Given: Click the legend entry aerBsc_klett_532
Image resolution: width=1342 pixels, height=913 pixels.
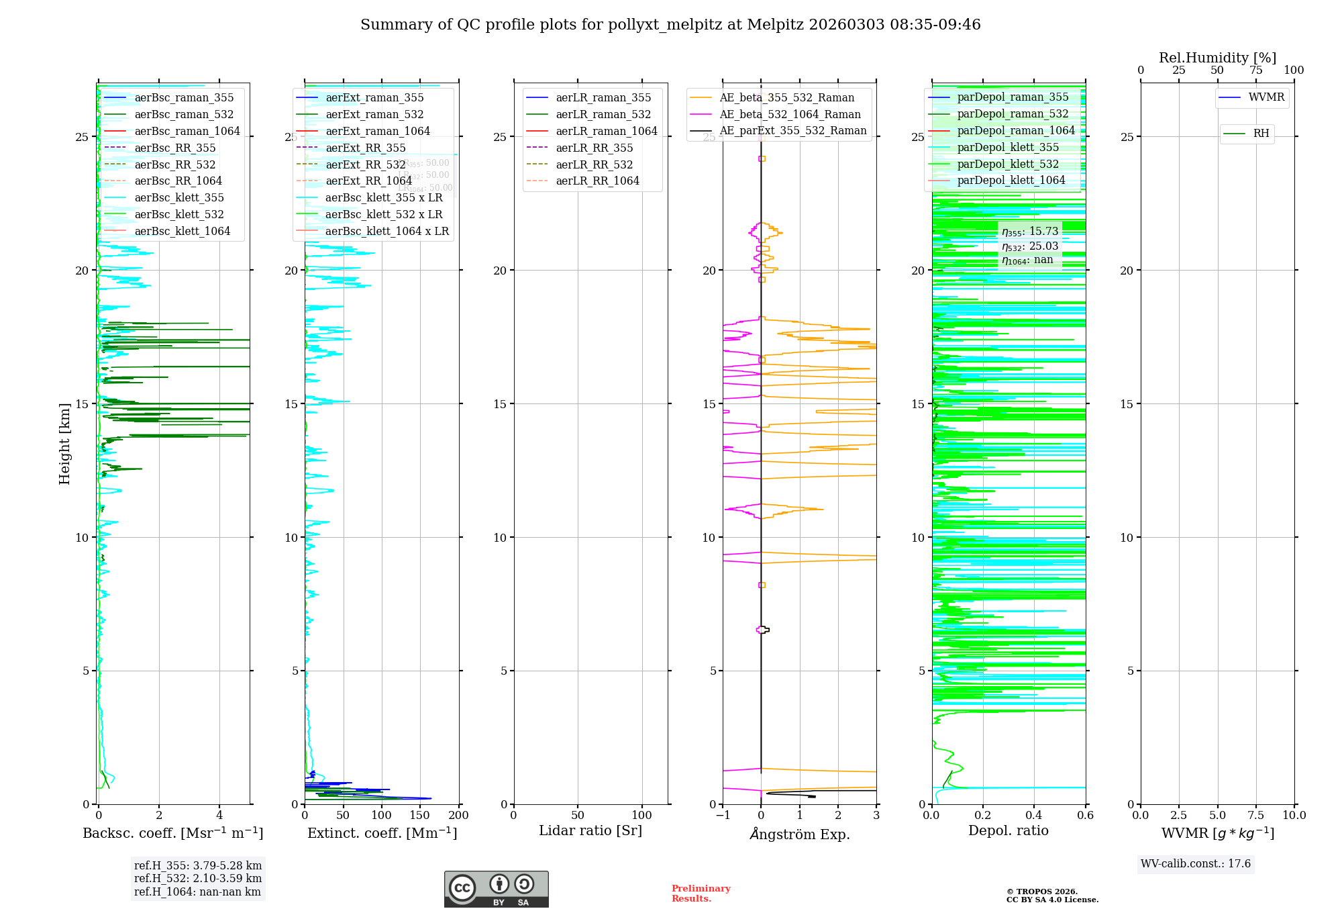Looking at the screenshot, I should click(x=178, y=214).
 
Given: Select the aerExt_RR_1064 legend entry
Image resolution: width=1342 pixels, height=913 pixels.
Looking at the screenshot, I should click(x=368, y=181).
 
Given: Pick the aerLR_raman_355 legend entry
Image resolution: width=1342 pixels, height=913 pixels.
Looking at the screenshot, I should click(x=603, y=97).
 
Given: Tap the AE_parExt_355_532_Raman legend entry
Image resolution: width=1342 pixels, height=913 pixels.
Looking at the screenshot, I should click(x=792, y=130).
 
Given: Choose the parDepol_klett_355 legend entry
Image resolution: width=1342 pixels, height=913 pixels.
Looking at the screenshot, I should click(x=1007, y=147).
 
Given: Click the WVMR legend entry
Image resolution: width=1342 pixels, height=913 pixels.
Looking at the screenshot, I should click(x=1266, y=97).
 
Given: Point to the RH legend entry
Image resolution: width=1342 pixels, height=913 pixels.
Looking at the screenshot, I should click(x=1260, y=134).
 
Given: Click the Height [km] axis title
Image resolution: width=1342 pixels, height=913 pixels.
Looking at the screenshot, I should click(x=64, y=444).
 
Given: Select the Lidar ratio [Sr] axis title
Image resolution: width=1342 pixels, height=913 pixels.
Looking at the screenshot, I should click(x=590, y=830).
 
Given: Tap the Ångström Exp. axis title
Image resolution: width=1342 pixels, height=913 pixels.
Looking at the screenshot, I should click(x=799, y=834).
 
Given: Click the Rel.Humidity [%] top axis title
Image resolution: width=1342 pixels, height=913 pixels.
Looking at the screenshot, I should click(x=1217, y=58).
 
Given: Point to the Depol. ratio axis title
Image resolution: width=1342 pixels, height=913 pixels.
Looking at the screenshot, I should click(x=1008, y=830).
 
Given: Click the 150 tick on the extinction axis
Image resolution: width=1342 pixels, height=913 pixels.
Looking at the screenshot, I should click(x=420, y=816).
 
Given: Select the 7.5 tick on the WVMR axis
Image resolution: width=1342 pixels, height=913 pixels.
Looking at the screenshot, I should click(x=1256, y=816).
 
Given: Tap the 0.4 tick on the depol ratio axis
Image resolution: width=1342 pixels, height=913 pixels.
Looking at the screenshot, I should click(x=1034, y=816).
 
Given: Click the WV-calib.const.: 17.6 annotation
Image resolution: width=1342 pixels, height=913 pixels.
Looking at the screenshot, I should click(x=1195, y=863).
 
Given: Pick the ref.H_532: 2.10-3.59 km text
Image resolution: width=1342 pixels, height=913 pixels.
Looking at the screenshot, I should click(x=197, y=878).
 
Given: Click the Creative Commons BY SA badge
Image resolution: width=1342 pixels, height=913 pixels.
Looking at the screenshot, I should click(x=496, y=889).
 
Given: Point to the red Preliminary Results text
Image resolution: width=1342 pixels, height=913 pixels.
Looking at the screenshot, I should click(x=701, y=893).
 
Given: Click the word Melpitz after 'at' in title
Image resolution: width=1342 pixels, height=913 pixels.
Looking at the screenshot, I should click(x=775, y=25).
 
